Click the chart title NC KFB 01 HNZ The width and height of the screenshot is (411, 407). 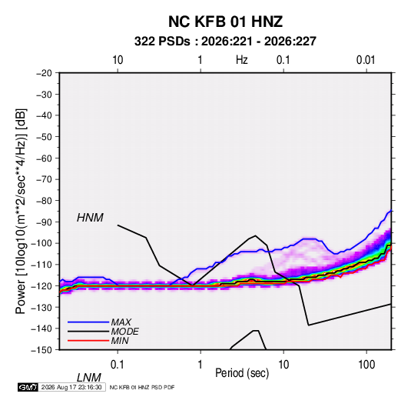[x=225, y=22]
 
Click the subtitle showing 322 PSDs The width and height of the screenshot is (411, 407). [x=225, y=42]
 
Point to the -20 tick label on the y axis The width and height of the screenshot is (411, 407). [x=44, y=73]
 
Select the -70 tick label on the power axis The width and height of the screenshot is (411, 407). [x=44, y=179]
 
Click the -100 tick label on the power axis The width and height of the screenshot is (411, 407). [x=41, y=243]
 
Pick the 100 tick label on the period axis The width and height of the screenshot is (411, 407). [x=366, y=365]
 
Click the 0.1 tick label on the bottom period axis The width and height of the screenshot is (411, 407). [x=118, y=365]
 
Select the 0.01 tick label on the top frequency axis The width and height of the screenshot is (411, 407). [x=366, y=60]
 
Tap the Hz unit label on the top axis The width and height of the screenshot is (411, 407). [x=242, y=60]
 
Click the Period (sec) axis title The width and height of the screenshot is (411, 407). [x=242, y=373]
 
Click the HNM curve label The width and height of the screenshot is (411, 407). [x=90, y=218]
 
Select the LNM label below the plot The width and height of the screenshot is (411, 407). [x=89, y=378]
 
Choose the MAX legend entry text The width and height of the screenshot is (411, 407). [x=121, y=322]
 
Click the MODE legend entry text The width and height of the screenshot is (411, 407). [x=124, y=332]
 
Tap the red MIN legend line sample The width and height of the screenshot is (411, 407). [x=88, y=341]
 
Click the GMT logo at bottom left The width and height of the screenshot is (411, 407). [x=28, y=387]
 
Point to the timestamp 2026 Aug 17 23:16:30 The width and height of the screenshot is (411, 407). [x=71, y=387]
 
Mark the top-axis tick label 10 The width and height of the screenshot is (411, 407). [x=118, y=60]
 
